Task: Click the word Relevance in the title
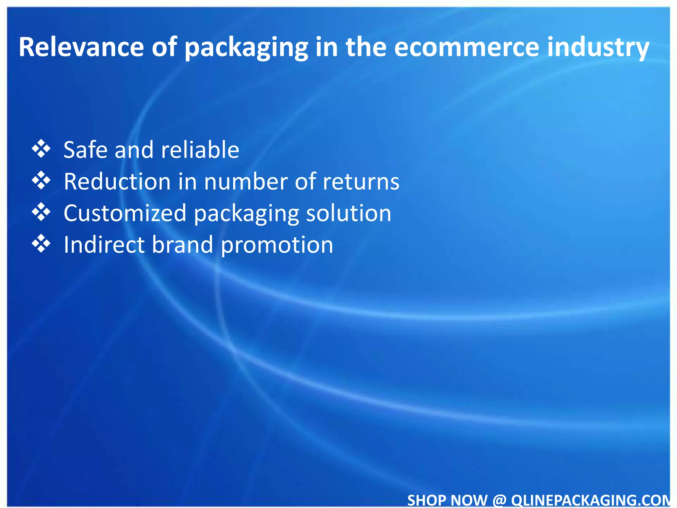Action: [x=81, y=47]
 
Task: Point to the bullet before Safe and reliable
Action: [x=41, y=149]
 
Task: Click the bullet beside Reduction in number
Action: [x=41, y=181]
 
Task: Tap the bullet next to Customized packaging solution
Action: [x=41, y=212]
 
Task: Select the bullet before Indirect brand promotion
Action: [x=41, y=244]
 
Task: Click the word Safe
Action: [x=86, y=149]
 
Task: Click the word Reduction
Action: [x=117, y=181]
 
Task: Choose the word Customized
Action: [x=125, y=213]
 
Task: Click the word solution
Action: [x=349, y=213]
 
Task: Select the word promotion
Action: [x=277, y=245]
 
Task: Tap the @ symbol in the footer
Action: [x=499, y=500]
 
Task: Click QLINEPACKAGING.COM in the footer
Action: [x=590, y=500]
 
